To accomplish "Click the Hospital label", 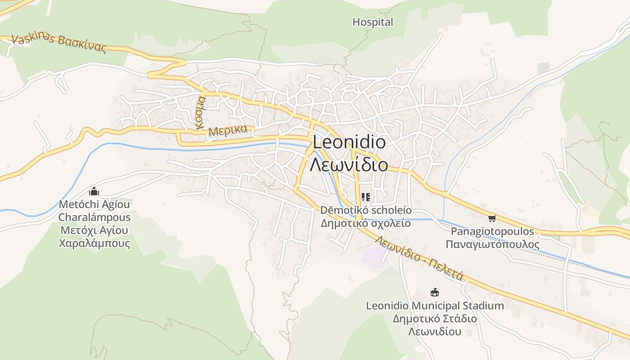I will click(x=373, y=22).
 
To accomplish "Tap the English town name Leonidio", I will click(x=349, y=143).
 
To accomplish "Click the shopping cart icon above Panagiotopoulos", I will click(x=492, y=219).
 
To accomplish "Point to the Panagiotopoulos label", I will click(x=493, y=232).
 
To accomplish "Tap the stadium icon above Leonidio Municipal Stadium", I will click(x=434, y=292).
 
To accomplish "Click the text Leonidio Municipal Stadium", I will click(x=435, y=306).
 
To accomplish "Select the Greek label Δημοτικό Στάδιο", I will click(x=435, y=319).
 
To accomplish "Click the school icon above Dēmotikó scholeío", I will click(x=365, y=197).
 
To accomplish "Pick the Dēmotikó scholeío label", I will click(x=366, y=210).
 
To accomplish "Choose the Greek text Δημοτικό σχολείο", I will click(x=366, y=223).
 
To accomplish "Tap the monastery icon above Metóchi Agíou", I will click(x=94, y=191).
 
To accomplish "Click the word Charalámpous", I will click(x=94, y=217).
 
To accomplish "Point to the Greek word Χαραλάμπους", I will click(x=94, y=243).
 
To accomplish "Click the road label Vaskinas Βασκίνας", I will click(x=58, y=43).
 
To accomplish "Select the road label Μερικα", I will click(x=229, y=131).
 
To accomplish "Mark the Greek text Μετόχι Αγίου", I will click(x=94, y=230).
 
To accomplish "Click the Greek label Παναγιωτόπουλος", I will click(x=493, y=244).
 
